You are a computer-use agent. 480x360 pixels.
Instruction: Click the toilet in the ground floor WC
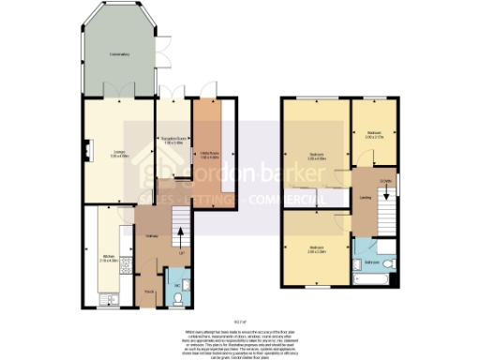177,299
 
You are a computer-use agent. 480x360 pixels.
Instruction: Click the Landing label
363,198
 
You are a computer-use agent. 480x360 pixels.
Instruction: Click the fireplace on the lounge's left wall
87,147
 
